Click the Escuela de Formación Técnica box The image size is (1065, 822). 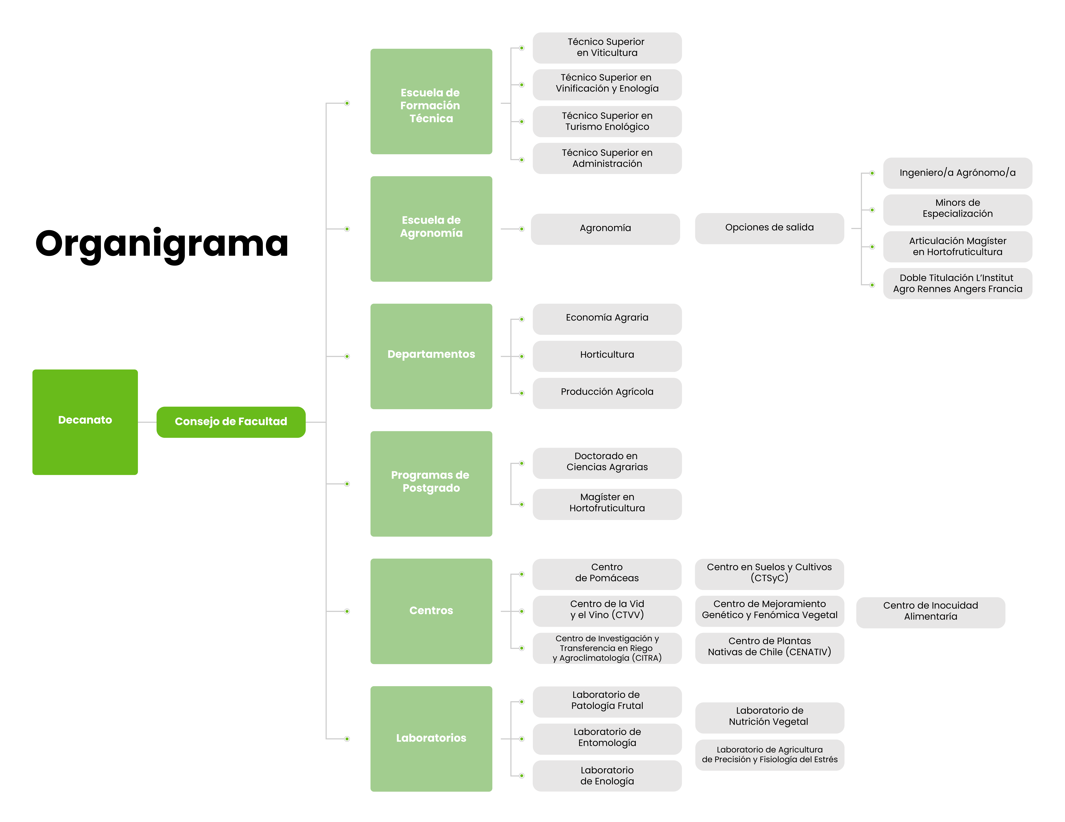pyautogui.click(x=431, y=101)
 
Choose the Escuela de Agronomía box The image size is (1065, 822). pyautogui.click(x=431, y=229)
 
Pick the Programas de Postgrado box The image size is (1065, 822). pyautogui.click(x=431, y=484)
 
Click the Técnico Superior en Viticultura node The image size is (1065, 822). pyautogui.click(x=607, y=48)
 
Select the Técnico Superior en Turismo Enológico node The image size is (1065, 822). pyautogui.click(x=607, y=121)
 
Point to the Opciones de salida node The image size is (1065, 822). pyautogui.click(x=769, y=228)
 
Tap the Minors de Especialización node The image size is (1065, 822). pyautogui.click(x=958, y=210)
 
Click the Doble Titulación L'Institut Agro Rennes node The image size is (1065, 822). pyautogui.click(x=958, y=283)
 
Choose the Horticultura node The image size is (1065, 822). pyautogui.click(x=607, y=356)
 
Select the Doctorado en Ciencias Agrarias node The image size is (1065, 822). pyautogui.click(x=607, y=463)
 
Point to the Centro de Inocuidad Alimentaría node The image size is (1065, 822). pyautogui.click(x=930, y=612)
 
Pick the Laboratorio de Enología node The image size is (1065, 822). pyautogui.click(x=607, y=776)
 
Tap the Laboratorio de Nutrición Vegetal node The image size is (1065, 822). pyautogui.click(x=769, y=718)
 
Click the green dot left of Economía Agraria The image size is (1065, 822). pyautogui.click(x=522, y=319)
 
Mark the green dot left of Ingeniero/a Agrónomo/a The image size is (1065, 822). pyautogui.click(x=872, y=173)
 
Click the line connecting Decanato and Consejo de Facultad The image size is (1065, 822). pyautogui.click(x=147, y=422)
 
